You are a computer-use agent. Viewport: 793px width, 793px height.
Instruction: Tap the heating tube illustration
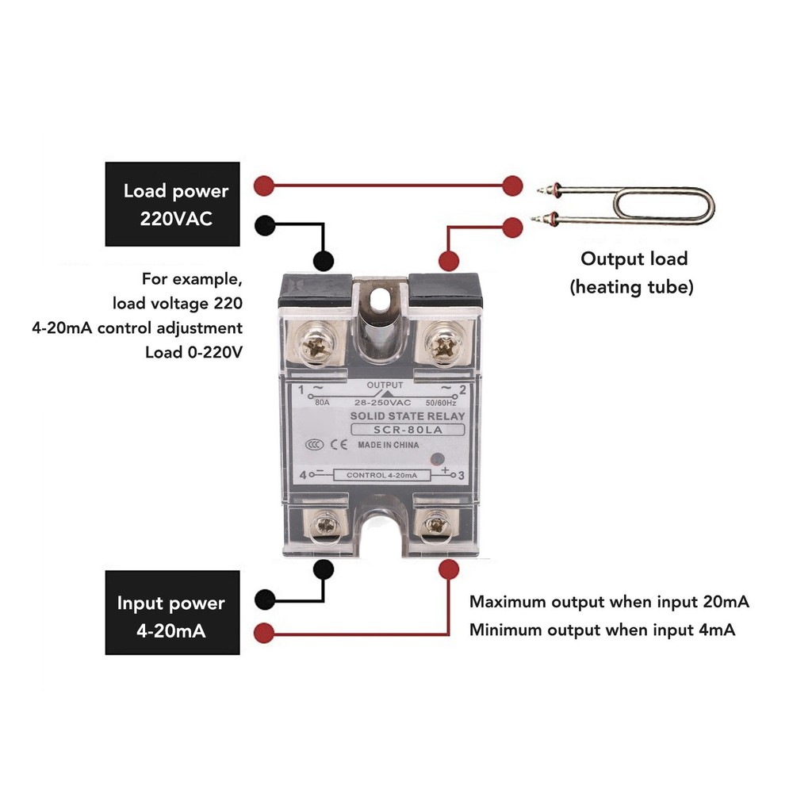[x=626, y=205]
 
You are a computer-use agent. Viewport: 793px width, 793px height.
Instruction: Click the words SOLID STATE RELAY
[x=408, y=416]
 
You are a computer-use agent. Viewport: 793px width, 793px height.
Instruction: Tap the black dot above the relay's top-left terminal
[x=323, y=260]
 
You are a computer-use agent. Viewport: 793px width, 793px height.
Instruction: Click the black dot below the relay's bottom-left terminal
[x=323, y=568]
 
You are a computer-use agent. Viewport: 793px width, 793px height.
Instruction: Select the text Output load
[x=634, y=259]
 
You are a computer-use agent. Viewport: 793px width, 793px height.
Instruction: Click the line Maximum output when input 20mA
[x=609, y=601]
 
